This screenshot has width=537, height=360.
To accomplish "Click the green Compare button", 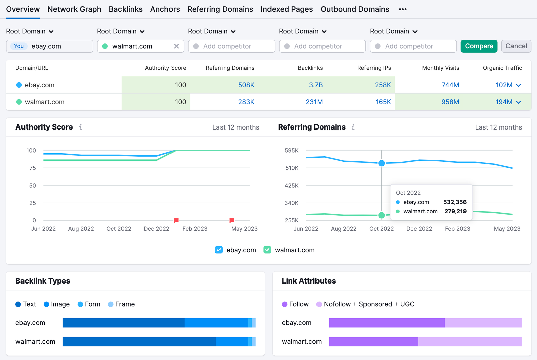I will [x=479, y=46].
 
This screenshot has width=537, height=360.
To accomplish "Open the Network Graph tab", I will [x=74, y=9].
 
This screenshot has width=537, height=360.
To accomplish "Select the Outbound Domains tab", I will [x=355, y=9].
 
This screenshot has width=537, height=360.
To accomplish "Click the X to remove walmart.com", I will [x=176, y=46].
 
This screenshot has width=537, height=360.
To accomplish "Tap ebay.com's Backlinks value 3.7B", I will [x=315, y=85].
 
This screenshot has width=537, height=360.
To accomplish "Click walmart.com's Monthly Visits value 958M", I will [x=450, y=102].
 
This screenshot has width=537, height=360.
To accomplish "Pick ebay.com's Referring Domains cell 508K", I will [x=246, y=85].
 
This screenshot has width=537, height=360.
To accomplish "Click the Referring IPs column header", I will [x=374, y=68].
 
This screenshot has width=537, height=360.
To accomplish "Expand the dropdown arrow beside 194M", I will [x=518, y=102].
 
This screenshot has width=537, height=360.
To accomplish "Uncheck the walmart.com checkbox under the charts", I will [x=267, y=250].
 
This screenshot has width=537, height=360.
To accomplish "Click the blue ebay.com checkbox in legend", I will [x=219, y=250].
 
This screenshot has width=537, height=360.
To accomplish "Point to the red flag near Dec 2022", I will [x=176, y=220].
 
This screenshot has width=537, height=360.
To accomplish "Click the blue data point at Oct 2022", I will [x=382, y=163].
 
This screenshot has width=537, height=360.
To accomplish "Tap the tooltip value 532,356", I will [x=455, y=202].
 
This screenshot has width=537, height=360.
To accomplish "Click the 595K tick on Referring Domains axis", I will [x=291, y=151].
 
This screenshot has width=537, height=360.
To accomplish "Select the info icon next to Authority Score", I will [x=81, y=127].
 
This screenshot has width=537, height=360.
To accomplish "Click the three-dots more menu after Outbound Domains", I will [x=403, y=9].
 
